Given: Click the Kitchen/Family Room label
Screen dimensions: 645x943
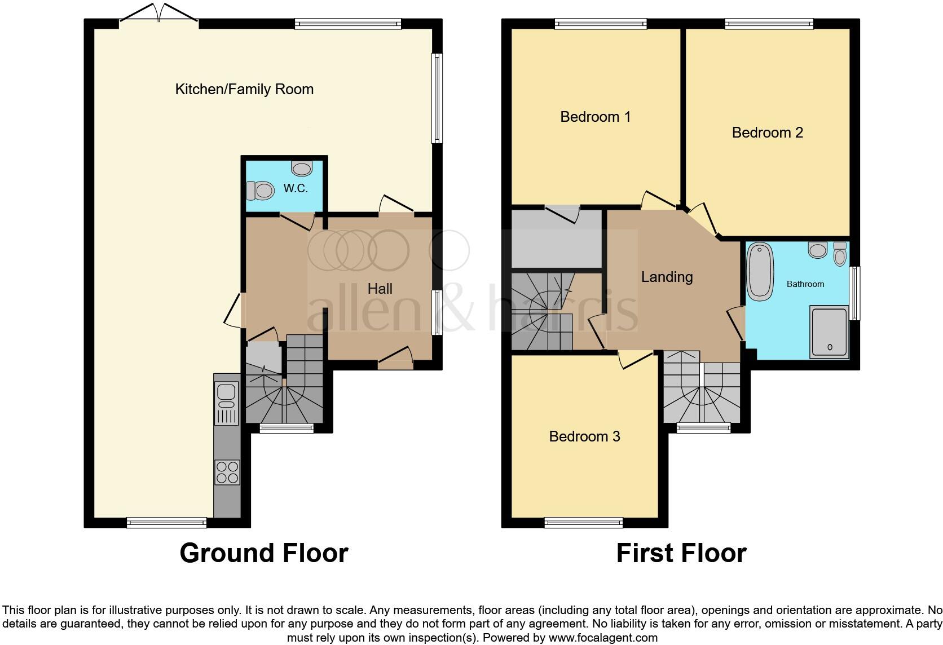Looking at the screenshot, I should tap(244, 89).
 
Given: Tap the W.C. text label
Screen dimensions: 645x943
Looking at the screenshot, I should tap(296, 188).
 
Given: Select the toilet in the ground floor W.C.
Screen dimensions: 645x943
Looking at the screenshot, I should tap(261, 190).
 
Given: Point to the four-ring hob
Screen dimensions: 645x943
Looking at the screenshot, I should tap(227, 472).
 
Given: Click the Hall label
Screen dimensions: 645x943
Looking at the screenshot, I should tap(380, 289).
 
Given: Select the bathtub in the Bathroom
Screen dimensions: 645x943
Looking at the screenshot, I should tap(760, 271).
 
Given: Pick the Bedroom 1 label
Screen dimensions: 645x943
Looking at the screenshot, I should tap(595, 117).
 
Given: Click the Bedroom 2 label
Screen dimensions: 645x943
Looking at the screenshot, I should tap(767, 132).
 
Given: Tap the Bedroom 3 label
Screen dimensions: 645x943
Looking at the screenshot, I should tap(584, 436).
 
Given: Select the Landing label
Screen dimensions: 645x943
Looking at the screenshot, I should tap(667, 277).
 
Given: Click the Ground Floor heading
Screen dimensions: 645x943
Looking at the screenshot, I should tap(263, 553).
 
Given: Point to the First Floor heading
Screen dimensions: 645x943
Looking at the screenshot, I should tap(681, 553).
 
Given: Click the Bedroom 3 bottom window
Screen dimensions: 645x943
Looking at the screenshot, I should tap(584, 523).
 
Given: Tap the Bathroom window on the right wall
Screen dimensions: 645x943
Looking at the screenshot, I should tap(855, 293).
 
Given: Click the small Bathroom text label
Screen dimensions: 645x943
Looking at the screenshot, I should tap(805, 284).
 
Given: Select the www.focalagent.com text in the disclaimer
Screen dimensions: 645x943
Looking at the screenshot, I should tap(604, 638).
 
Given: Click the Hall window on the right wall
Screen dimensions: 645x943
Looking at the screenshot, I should tap(437, 312).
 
